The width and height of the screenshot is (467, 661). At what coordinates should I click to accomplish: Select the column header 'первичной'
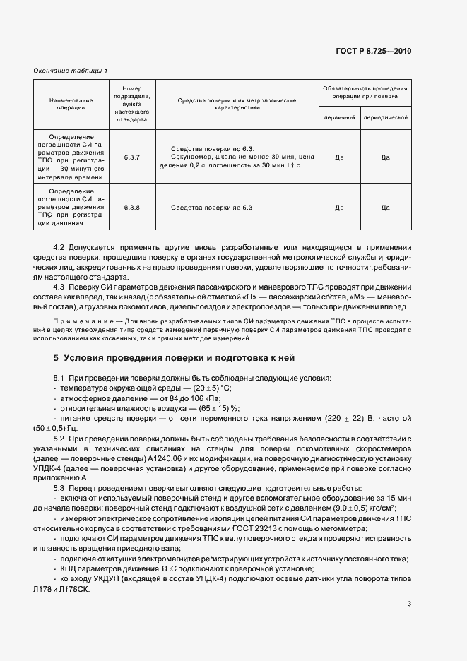(339, 118)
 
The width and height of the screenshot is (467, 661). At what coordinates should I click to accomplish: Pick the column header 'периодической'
(386, 118)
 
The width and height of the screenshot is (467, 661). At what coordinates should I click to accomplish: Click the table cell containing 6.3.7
(132, 157)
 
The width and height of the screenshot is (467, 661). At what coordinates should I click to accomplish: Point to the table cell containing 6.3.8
(132, 208)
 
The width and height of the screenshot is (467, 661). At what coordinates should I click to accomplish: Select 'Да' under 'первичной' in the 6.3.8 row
(339, 208)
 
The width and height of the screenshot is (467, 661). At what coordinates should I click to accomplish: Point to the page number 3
(409, 603)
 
